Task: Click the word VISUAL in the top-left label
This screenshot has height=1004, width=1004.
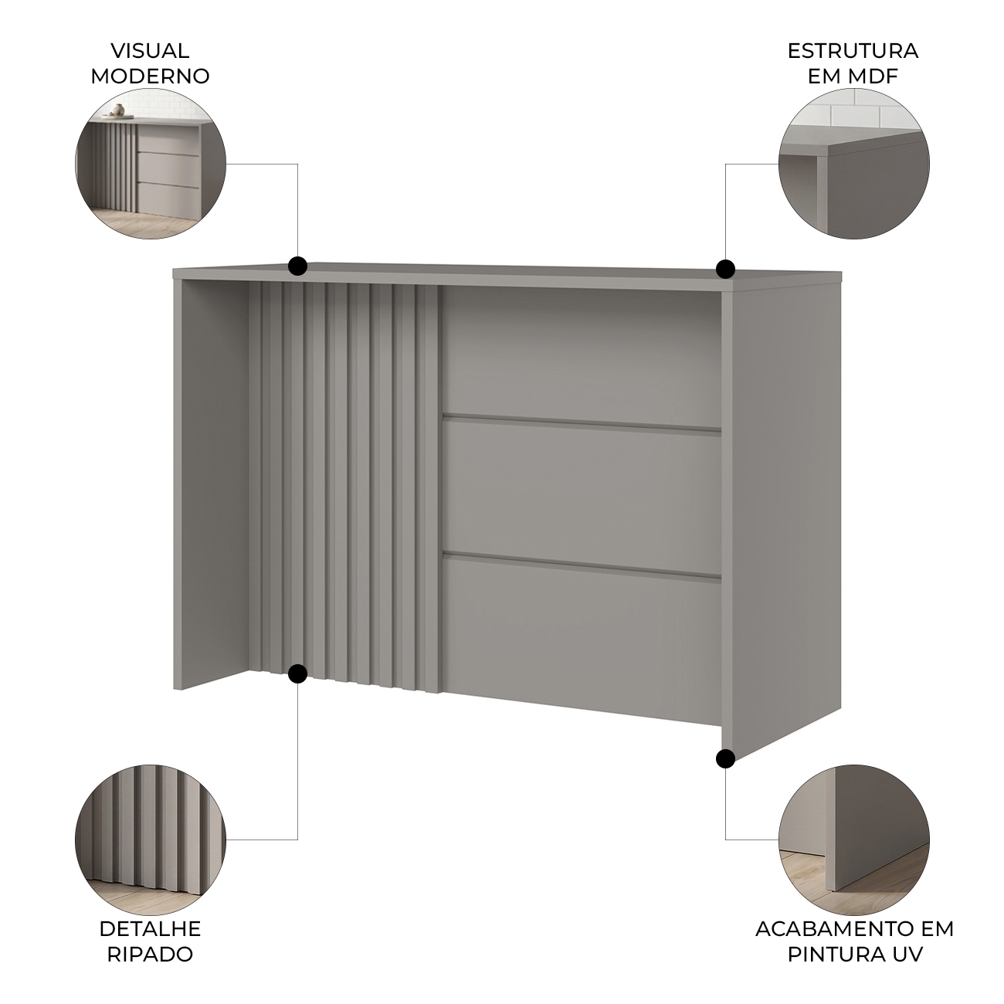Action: pos(150,51)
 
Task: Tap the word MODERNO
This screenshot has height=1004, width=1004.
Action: pos(150,76)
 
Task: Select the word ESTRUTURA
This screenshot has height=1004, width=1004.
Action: pos(853,51)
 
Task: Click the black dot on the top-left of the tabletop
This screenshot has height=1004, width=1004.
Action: pos(297,266)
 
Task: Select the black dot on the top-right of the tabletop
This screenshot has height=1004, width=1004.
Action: pos(725,270)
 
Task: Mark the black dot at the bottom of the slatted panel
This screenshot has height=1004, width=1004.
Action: pos(297,673)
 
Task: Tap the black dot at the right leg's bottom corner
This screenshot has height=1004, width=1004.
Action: pos(725,758)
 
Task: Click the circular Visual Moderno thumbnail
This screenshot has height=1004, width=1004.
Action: pos(151,165)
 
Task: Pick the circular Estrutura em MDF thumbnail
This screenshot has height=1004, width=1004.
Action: pos(854,165)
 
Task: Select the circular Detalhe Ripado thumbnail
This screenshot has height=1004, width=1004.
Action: pos(151,839)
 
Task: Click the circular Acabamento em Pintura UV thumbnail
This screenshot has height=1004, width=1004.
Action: pos(854,839)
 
